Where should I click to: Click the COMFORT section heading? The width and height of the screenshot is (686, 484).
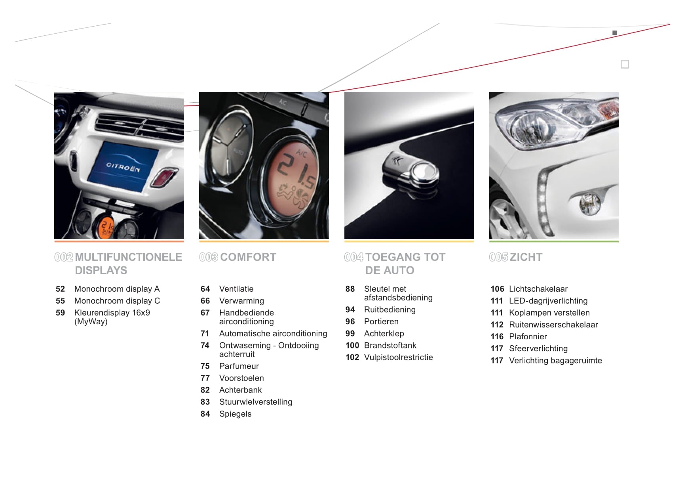pyautogui.click(x=248, y=257)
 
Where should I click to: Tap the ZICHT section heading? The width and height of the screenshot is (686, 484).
pyautogui.click(x=526, y=257)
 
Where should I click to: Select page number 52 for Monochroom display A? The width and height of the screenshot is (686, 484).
pyautogui.click(x=60, y=289)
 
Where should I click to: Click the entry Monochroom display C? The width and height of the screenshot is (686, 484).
pyautogui.click(x=117, y=301)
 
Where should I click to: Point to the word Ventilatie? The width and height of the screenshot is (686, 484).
pyautogui.click(x=236, y=289)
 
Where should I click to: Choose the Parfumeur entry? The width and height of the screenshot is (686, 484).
pyautogui.click(x=239, y=366)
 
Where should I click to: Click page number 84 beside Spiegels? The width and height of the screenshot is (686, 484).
pyautogui.click(x=205, y=414)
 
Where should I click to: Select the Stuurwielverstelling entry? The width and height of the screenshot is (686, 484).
pyautogui.click(x=256, y=402)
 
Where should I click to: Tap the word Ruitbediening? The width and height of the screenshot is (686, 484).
pyautogui.click(x=390, y=310)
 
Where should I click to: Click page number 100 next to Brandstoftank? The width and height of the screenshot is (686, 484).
pyautogui.click(x=352, y=345)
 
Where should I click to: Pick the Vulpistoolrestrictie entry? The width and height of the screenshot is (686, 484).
pyautogui.click(x=399, y=357)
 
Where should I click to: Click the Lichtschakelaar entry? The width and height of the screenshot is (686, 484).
pyautogui.click(x=538, y=289)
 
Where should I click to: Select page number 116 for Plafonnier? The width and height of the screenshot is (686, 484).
pyautogui.click(x=497, y=337)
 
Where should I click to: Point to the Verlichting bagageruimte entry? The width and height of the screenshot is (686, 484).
pyautogui.click(x=555, y=360)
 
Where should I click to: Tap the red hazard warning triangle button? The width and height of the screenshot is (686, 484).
pyautogui.click(x=163, y=177)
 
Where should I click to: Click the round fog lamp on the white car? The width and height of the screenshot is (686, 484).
pyautogui.click(x=589, y=203)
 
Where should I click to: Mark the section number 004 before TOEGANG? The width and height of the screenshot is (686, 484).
pyautogui.click(x=353, y=257)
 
